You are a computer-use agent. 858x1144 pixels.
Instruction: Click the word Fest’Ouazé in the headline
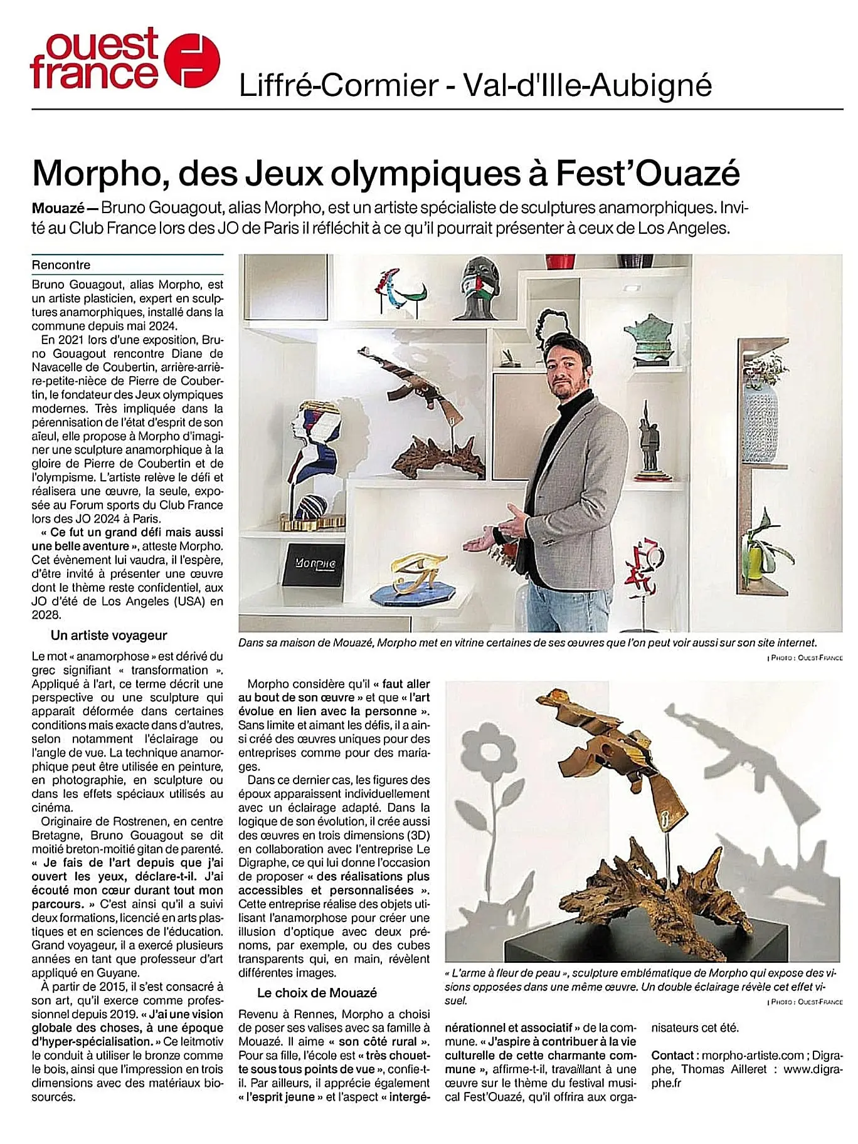click(x=648, y=174)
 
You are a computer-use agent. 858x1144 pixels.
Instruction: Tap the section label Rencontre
click(x=61, y=265)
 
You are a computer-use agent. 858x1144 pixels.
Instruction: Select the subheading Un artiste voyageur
click(x=109, y=635)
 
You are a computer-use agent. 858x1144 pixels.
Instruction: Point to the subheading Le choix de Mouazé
click(x=317, y=992)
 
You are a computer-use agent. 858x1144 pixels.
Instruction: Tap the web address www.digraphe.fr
click(x=813, y=1069)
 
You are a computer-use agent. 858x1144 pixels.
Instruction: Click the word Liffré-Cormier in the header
click(x=339, y=85)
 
